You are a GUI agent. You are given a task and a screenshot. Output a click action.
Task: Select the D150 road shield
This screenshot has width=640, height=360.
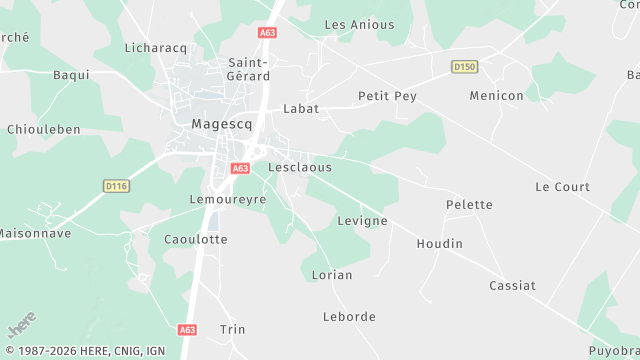pos(463,67)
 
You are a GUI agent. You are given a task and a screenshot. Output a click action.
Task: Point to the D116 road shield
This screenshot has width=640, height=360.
pos(117,186)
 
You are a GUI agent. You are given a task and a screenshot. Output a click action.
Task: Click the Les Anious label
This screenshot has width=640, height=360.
pos(360,24)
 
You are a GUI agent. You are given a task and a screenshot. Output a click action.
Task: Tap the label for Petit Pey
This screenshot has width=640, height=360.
pos(387,96)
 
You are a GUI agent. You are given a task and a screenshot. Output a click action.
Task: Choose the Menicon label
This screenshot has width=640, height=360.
pos(497,96)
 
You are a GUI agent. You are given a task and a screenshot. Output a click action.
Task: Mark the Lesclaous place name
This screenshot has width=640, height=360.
pos(300,167)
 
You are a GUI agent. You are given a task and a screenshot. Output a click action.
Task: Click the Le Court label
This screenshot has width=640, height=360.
pos(563,187)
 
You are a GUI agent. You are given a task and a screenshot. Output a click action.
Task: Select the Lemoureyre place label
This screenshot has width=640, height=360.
pos(227,199)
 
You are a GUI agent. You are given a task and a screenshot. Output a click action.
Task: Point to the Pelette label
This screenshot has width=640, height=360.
pos(469,205)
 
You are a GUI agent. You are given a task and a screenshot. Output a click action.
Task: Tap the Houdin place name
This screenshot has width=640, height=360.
pos(440,244)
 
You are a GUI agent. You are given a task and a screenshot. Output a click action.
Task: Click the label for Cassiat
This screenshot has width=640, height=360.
pos(513,286)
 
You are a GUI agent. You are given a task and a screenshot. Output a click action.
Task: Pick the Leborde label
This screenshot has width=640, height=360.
pos(350,317)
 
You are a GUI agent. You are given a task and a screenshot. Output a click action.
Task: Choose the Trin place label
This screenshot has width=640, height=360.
pos(232,329)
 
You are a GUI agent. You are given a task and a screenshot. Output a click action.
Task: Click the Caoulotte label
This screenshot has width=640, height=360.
pos(196,240)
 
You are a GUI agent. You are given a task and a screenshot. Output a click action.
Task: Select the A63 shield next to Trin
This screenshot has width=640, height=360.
pos(188,329)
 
